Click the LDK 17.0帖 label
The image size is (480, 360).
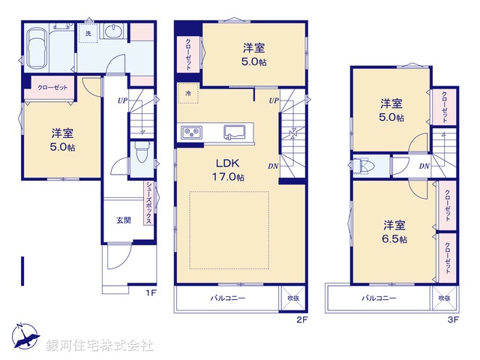(229, 170)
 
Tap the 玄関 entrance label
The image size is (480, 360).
(124, 220)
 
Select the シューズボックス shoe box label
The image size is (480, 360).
(149, 204)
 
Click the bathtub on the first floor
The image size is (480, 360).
(37, 48)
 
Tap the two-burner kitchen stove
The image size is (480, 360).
(190, 133)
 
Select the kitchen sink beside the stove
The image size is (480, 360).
(235, 132)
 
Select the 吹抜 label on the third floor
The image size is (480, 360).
(445, 298)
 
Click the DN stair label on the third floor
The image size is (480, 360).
(423, 166)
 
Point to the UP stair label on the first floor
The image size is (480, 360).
(121, 100)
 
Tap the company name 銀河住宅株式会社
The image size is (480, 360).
(100, 346)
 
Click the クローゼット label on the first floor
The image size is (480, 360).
(52, 87)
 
